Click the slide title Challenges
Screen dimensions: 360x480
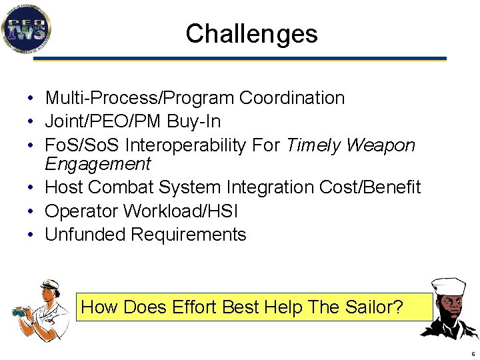(x=251, y=33)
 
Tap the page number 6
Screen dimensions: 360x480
(x=473, y=354)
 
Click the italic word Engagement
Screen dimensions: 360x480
(x=98, y=164)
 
